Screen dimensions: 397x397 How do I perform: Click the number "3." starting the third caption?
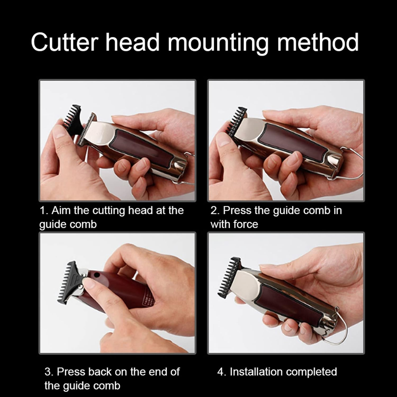[x=49, y=372]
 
